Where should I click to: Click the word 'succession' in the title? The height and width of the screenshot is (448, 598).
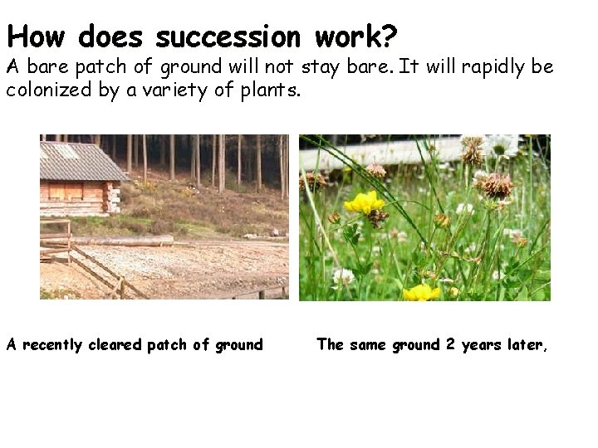[228, 37]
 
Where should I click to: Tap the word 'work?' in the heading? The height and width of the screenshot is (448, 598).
[356, 37]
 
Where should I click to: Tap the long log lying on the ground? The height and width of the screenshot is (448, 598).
[125, 241]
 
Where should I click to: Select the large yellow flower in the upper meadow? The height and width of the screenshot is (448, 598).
[364, 202]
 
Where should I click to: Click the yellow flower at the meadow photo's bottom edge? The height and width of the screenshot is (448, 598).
[421, 292]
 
